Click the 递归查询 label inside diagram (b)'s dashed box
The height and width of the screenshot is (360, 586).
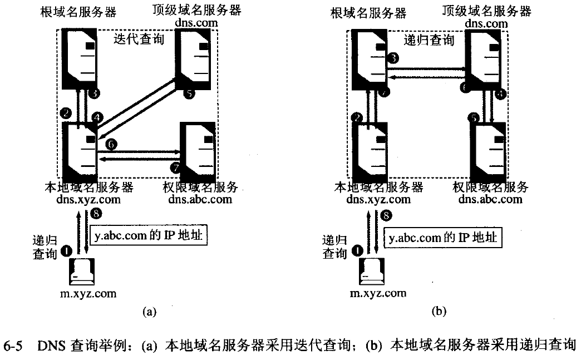(429, 40)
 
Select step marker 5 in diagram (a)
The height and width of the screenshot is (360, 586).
(189, 95)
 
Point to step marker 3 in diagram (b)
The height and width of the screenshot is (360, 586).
(393, 57)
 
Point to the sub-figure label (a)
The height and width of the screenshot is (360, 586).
(149, 312)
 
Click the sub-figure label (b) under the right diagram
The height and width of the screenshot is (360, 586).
(439, 312)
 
